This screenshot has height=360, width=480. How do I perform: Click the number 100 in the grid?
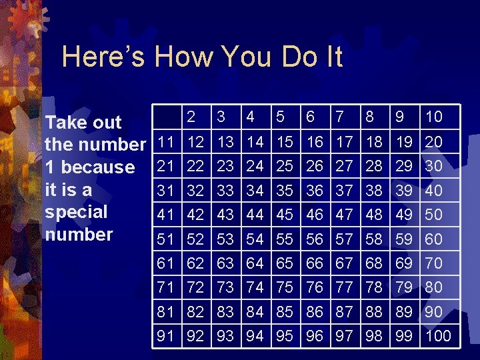coord(439,335)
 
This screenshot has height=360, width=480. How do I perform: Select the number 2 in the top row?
coord(191,117)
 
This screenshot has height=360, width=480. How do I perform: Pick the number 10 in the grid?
coord(434,117)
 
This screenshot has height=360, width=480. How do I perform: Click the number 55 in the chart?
coord(285,239)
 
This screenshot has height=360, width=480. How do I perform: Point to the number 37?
coord(344,191)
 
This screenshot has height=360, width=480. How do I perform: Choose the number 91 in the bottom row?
coord(165,335)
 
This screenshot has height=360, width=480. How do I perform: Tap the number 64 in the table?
coord(255,263)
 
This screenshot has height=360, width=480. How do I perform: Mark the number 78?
coord(374,287)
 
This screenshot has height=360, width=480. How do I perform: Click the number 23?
coord(225,166)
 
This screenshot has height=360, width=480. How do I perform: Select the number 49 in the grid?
coord(404,215)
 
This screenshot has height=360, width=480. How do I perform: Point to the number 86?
coord(315,311)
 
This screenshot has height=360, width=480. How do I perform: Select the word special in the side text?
coord(76,212)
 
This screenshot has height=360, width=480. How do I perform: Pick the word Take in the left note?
coord(63,122)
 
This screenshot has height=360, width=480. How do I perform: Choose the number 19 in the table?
coord(404,142)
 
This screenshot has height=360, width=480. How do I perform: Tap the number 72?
coord(195,287)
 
